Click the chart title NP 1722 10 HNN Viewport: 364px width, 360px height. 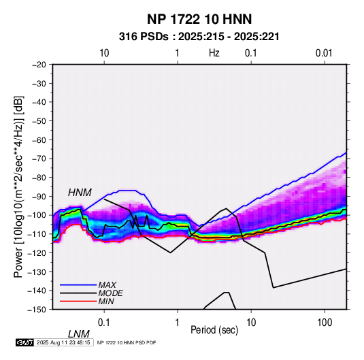coord(199,19)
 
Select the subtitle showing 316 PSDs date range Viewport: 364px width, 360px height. coord(199,37)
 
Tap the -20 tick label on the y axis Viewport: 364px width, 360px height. coord(39,65)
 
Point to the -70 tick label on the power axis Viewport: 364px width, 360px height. coord(39,159)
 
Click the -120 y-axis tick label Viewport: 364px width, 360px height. coord(37,252)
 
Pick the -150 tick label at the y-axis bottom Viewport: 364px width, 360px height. coord(37,310)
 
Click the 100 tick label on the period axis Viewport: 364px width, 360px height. coord(325,323)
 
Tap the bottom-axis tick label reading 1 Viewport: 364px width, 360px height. coord(178,323)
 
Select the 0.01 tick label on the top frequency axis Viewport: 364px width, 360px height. coord(324,53)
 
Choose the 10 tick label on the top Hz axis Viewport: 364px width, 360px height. coord(104,53)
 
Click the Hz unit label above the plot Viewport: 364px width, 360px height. coord(214,53)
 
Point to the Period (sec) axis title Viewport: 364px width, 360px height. coord(214,330)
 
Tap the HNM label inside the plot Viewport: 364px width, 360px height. coord(80,193)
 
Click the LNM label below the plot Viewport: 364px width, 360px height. coord(79,334)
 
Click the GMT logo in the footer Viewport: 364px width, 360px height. coord(24,342)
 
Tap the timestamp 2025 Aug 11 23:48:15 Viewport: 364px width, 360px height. coord(63,342)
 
